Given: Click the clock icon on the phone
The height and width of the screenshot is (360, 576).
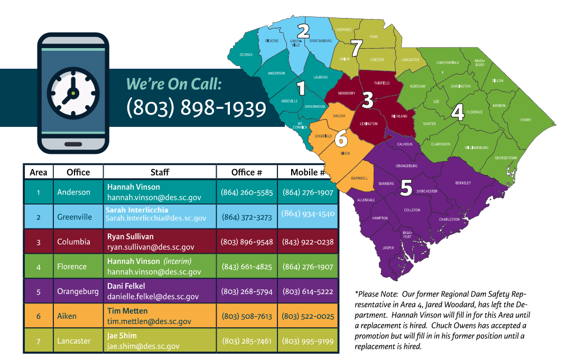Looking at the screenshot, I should pyautogui.click(x=73, y=93).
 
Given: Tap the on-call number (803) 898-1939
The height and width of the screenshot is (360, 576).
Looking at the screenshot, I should pyautogui.click(x=196, y=108).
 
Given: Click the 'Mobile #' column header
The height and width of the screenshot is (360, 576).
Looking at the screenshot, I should pyautogui.click(x=308, y=172).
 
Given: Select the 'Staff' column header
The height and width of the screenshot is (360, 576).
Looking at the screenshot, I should pyautogui.click(x=160, y=172).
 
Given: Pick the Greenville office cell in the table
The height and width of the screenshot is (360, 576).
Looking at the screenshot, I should pyautogui.click(x=75, y=217).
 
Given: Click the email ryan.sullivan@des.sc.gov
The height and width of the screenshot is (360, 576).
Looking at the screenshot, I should pyautogui.click(x=151, y=247).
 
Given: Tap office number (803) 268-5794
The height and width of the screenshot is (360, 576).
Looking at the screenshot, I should pyautogui.click(x=247, y=291).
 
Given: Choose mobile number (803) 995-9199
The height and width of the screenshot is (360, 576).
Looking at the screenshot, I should pyautogui.click(x=308, y=341).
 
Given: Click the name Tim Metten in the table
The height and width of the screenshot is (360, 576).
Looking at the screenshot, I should pyautogui.click(x=127, y=311).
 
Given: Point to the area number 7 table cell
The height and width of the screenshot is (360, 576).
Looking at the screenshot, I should pyautogui.click(x=39, y=341).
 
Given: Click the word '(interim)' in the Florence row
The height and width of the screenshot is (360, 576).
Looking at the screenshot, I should pyautogui.click(x=177, y=262).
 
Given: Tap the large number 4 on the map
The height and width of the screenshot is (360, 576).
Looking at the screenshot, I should pyautogui.click(x=458, y=112).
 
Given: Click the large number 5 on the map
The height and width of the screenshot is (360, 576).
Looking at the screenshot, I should pyautogui.click(x=406, y=189).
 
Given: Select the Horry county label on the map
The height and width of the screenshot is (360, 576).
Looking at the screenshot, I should pyautogui.click(x=525, y=120).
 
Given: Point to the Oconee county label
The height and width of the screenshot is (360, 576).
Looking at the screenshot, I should pyautogui.click(x=246, y=54).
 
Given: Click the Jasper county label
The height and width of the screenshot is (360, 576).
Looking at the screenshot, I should pyautogui.click(x=388, y=247).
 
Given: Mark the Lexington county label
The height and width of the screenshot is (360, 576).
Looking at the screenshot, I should pyautogui.click(x=368, y=124).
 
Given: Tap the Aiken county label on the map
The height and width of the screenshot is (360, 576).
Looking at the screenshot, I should pyautogui.click(x=345, y=153).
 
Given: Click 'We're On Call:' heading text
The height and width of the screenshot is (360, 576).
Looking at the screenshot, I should pyautogui.click(x=173, y=84).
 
